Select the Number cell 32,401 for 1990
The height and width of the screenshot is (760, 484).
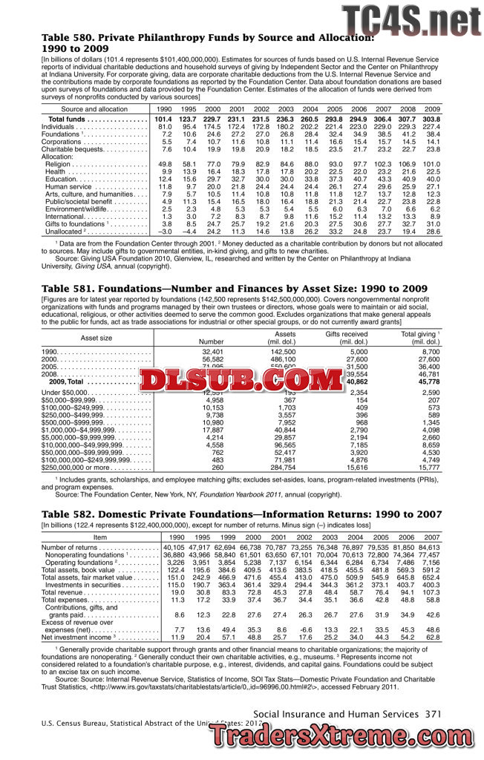212,351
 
